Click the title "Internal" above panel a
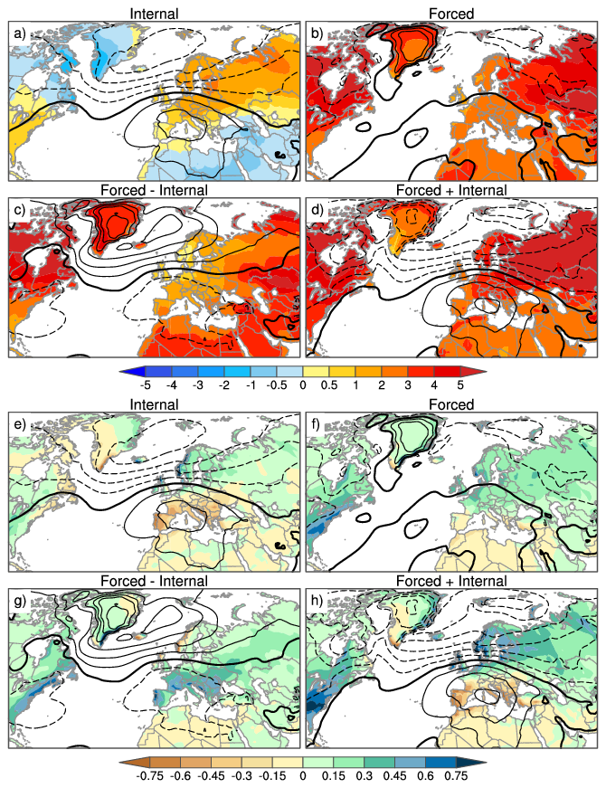pyautogui.click(x=155, y=14)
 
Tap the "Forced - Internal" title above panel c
pyautogui.click(x=155, y=190)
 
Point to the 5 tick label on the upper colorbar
pyautogui.click(x=460, y=384)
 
